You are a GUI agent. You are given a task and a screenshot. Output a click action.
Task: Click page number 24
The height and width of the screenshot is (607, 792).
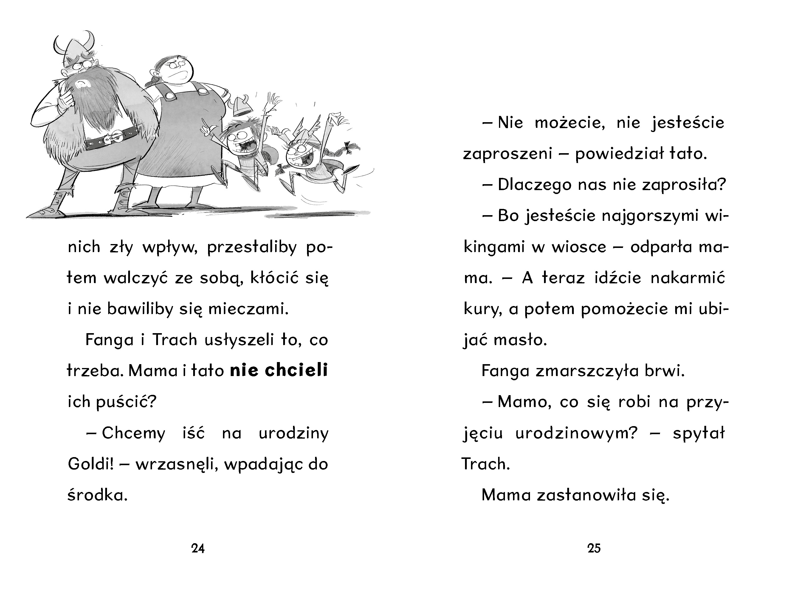click(198, 549)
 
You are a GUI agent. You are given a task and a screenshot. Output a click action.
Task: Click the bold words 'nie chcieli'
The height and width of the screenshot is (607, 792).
click(279, 370)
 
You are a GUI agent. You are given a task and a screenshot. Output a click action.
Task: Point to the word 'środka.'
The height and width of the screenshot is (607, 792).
click(97, 495)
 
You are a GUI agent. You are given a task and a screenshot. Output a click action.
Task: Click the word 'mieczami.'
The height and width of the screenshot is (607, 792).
click(249, 309)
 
